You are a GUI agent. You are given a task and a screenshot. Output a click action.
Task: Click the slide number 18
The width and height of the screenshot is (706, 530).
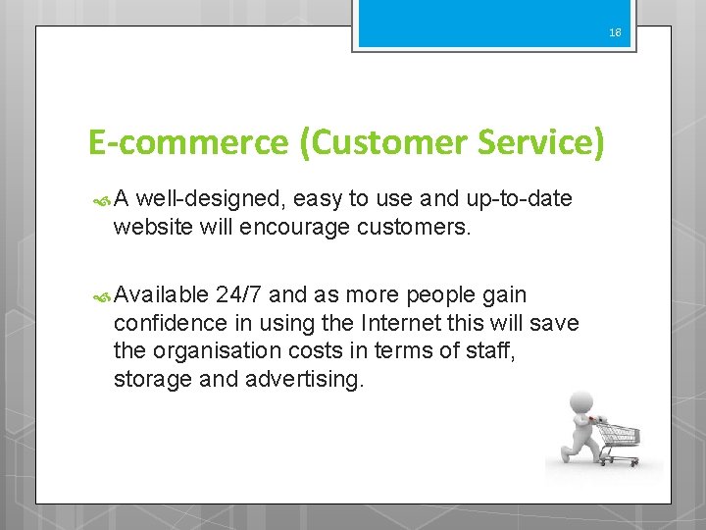pyautogui.click(x=615, y=32)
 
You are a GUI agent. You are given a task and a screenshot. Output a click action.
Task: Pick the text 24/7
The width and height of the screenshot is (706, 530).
pyautogui.click(x=239, y=294)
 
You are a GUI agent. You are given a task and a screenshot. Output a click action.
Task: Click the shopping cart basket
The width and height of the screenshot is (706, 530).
pyautogui.click(x=619, y=433)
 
